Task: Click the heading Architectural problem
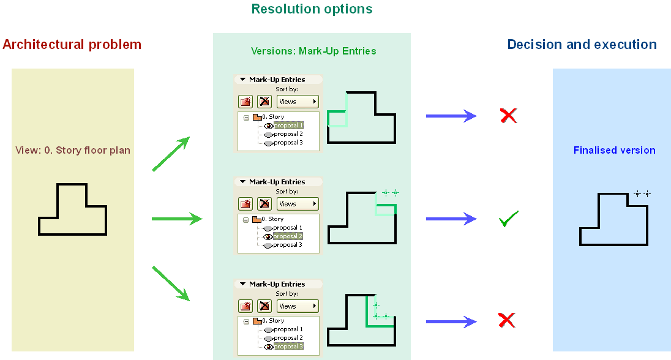coord(72,45)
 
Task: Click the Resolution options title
coord(312,9)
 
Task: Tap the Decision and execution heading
coord(582,45)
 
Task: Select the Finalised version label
coord(614,150)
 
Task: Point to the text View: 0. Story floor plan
coord(73,150)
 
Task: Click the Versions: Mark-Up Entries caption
coord(313,51)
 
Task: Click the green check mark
coord(508,219)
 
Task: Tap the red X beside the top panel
coord(508,115)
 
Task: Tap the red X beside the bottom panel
coord(506,320)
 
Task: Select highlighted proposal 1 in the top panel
coord(288,125)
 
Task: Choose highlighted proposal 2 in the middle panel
coord(288,236)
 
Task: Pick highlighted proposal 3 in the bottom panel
coord(288,347)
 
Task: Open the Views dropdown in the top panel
coord(298,102)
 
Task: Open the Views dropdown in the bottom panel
coord(298,306)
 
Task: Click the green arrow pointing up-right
coord(171,154)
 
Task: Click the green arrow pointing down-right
coord(171,283)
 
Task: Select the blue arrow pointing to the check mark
coord(451,219)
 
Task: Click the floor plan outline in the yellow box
coord(73,209)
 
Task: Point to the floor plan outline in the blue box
coord(613,219)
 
